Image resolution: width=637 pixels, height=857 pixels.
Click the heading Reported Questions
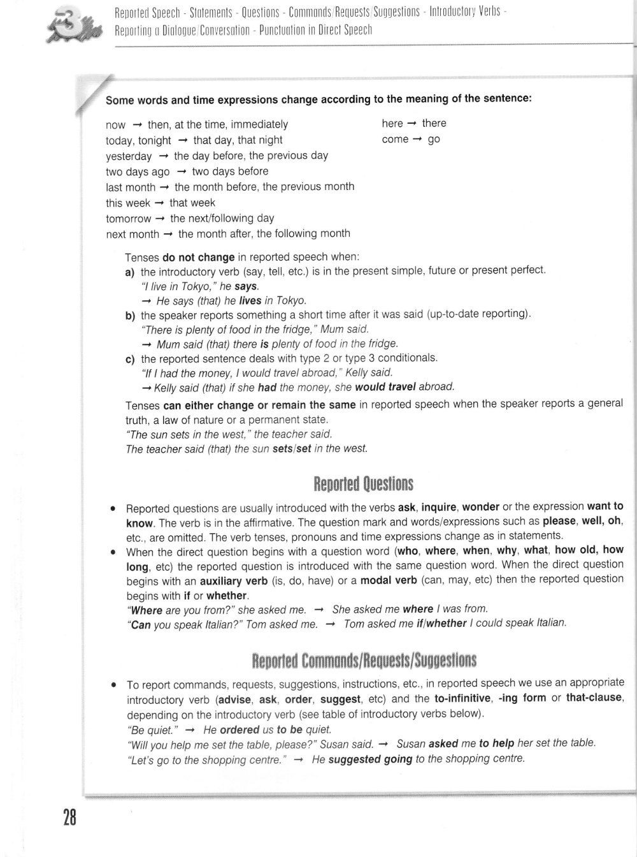(364, 484)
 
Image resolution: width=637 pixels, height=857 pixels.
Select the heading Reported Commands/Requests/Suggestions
(364, 660)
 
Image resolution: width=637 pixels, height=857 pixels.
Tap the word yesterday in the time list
(129, 156)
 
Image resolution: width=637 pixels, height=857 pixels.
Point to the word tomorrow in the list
(129, 219)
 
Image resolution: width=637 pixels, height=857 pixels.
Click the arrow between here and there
(412, 124)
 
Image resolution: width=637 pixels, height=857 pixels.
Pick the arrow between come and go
(418, 140)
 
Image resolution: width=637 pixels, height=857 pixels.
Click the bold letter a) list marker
(130, 272)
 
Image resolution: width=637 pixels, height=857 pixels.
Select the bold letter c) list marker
(130, 359)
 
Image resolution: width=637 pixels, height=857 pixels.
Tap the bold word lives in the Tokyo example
(250, 300)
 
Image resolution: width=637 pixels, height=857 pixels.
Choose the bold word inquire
(439, 508)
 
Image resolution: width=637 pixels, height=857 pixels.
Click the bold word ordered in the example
(240, 729)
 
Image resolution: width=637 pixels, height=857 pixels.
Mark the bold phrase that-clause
(594, 698)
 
